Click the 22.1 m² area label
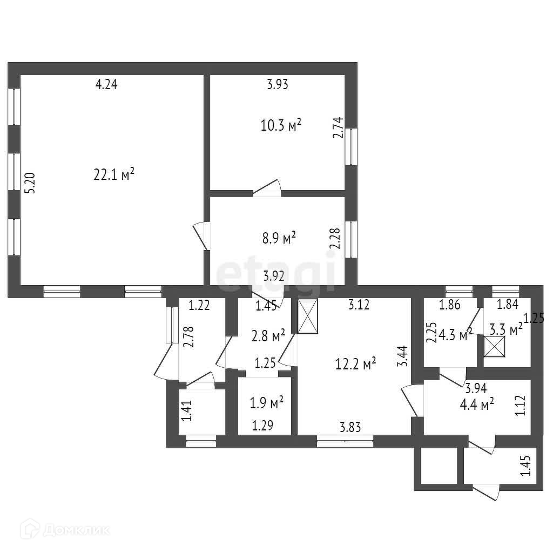click(x=113, y=175)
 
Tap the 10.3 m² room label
click(x=280, y=126)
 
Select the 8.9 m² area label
click(x=279, y=238)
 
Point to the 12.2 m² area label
click(x=355, y=364)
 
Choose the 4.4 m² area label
click(x=477, y=403)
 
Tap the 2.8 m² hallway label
click(x=268, y=337)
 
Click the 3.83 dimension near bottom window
click(x=350, y=427)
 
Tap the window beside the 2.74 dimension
click(x=352, y=146)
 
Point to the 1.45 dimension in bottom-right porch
click(x=524, y=467)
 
